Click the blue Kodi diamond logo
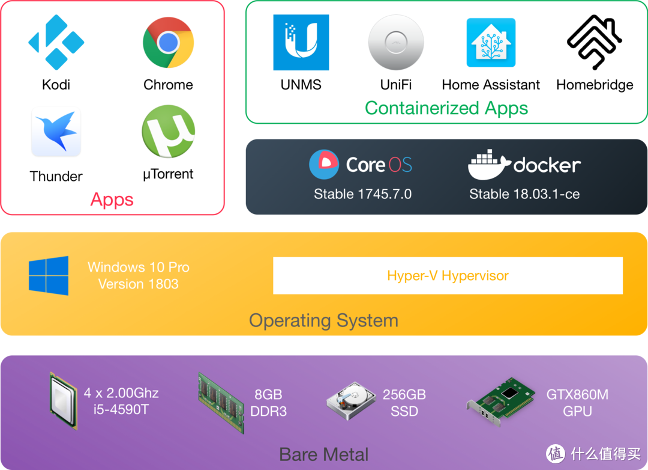point(56,43)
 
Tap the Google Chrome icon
point(168,42)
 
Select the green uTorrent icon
point(168,131)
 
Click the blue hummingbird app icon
point(56,131)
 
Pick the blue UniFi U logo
point(301,43)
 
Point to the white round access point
point(396,43)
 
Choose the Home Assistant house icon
point(491,43)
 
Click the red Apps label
point(112,200)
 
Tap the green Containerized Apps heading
point(446,108)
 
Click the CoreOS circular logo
point(324,165)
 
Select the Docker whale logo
point(488,165)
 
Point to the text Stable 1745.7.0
point(362,194)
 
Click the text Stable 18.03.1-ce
point(524,194)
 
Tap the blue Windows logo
point(49,276)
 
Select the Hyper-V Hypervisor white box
point(448,276)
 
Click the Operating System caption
point(323,320)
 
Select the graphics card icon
point(501,401)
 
